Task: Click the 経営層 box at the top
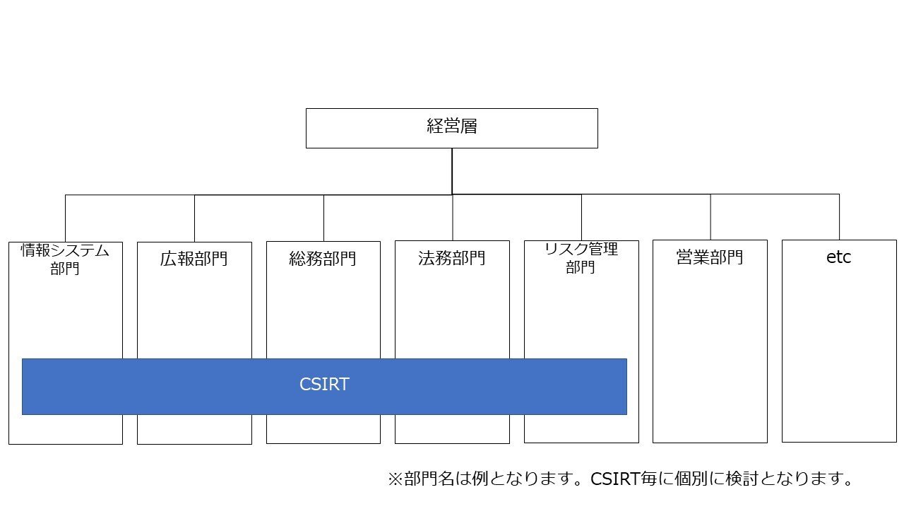coord(451,128)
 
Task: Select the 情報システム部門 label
coord(65,259)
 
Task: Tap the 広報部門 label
coord(194,259)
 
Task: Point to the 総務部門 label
coord(323,259)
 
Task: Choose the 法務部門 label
coord(452,258)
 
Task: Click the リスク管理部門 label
coord(581,258)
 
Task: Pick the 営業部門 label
coord(710,257)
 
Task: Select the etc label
coord(838,257)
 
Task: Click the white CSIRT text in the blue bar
coord(324,385)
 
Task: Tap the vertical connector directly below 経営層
coord(452,170)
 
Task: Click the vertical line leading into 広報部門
coord(194,218)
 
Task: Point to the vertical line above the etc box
coord(839,216)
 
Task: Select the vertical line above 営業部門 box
coord(710,216)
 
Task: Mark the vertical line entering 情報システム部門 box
coord(65,218)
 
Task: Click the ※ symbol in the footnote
coord(395,479)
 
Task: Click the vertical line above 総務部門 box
coord(323,218)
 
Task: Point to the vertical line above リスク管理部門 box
coord(581,217)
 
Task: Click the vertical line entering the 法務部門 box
coord(453,217)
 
